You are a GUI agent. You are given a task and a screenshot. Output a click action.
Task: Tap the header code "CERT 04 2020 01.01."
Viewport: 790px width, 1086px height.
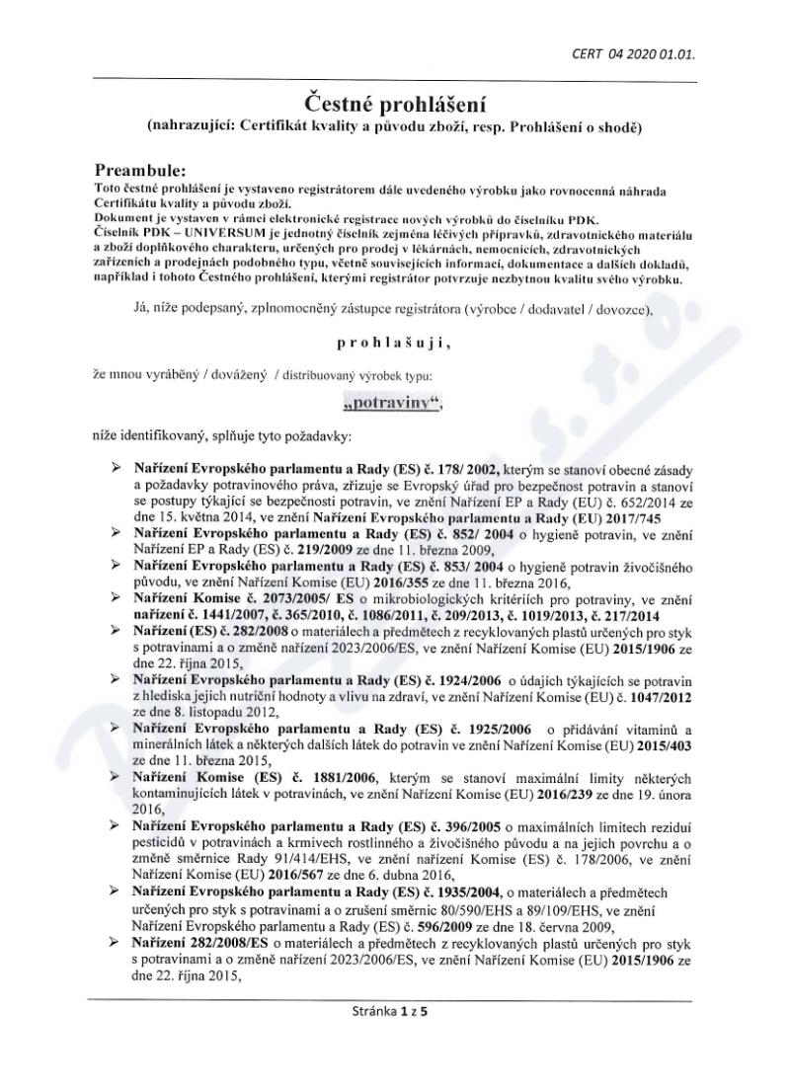pos(632,54)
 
